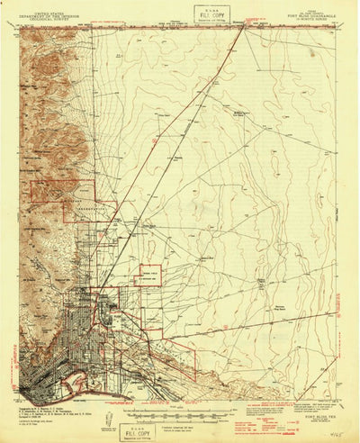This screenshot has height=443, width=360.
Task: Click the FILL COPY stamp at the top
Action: pos(207,14)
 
